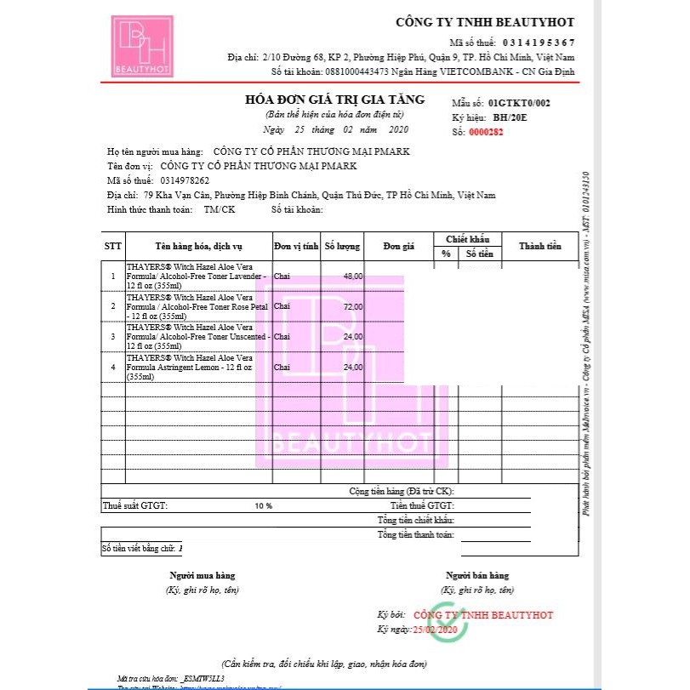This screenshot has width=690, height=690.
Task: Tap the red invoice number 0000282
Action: coord(486,132)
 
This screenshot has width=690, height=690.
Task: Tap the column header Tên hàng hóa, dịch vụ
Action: coord(197,246)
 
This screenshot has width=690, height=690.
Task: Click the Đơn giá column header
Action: coord(398,246)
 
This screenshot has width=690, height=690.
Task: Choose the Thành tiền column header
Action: coord(540,246)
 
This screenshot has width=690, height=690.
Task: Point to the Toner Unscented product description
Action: coord(197,337)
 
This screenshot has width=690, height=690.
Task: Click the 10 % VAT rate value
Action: coord(263,505)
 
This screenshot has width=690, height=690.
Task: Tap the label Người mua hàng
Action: coord(202,575)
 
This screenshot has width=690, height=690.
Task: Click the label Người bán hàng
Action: coord(477,575)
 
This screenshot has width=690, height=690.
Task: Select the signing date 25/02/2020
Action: coord(435,629)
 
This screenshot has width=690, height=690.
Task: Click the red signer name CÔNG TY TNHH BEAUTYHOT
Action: coord(483,614)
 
